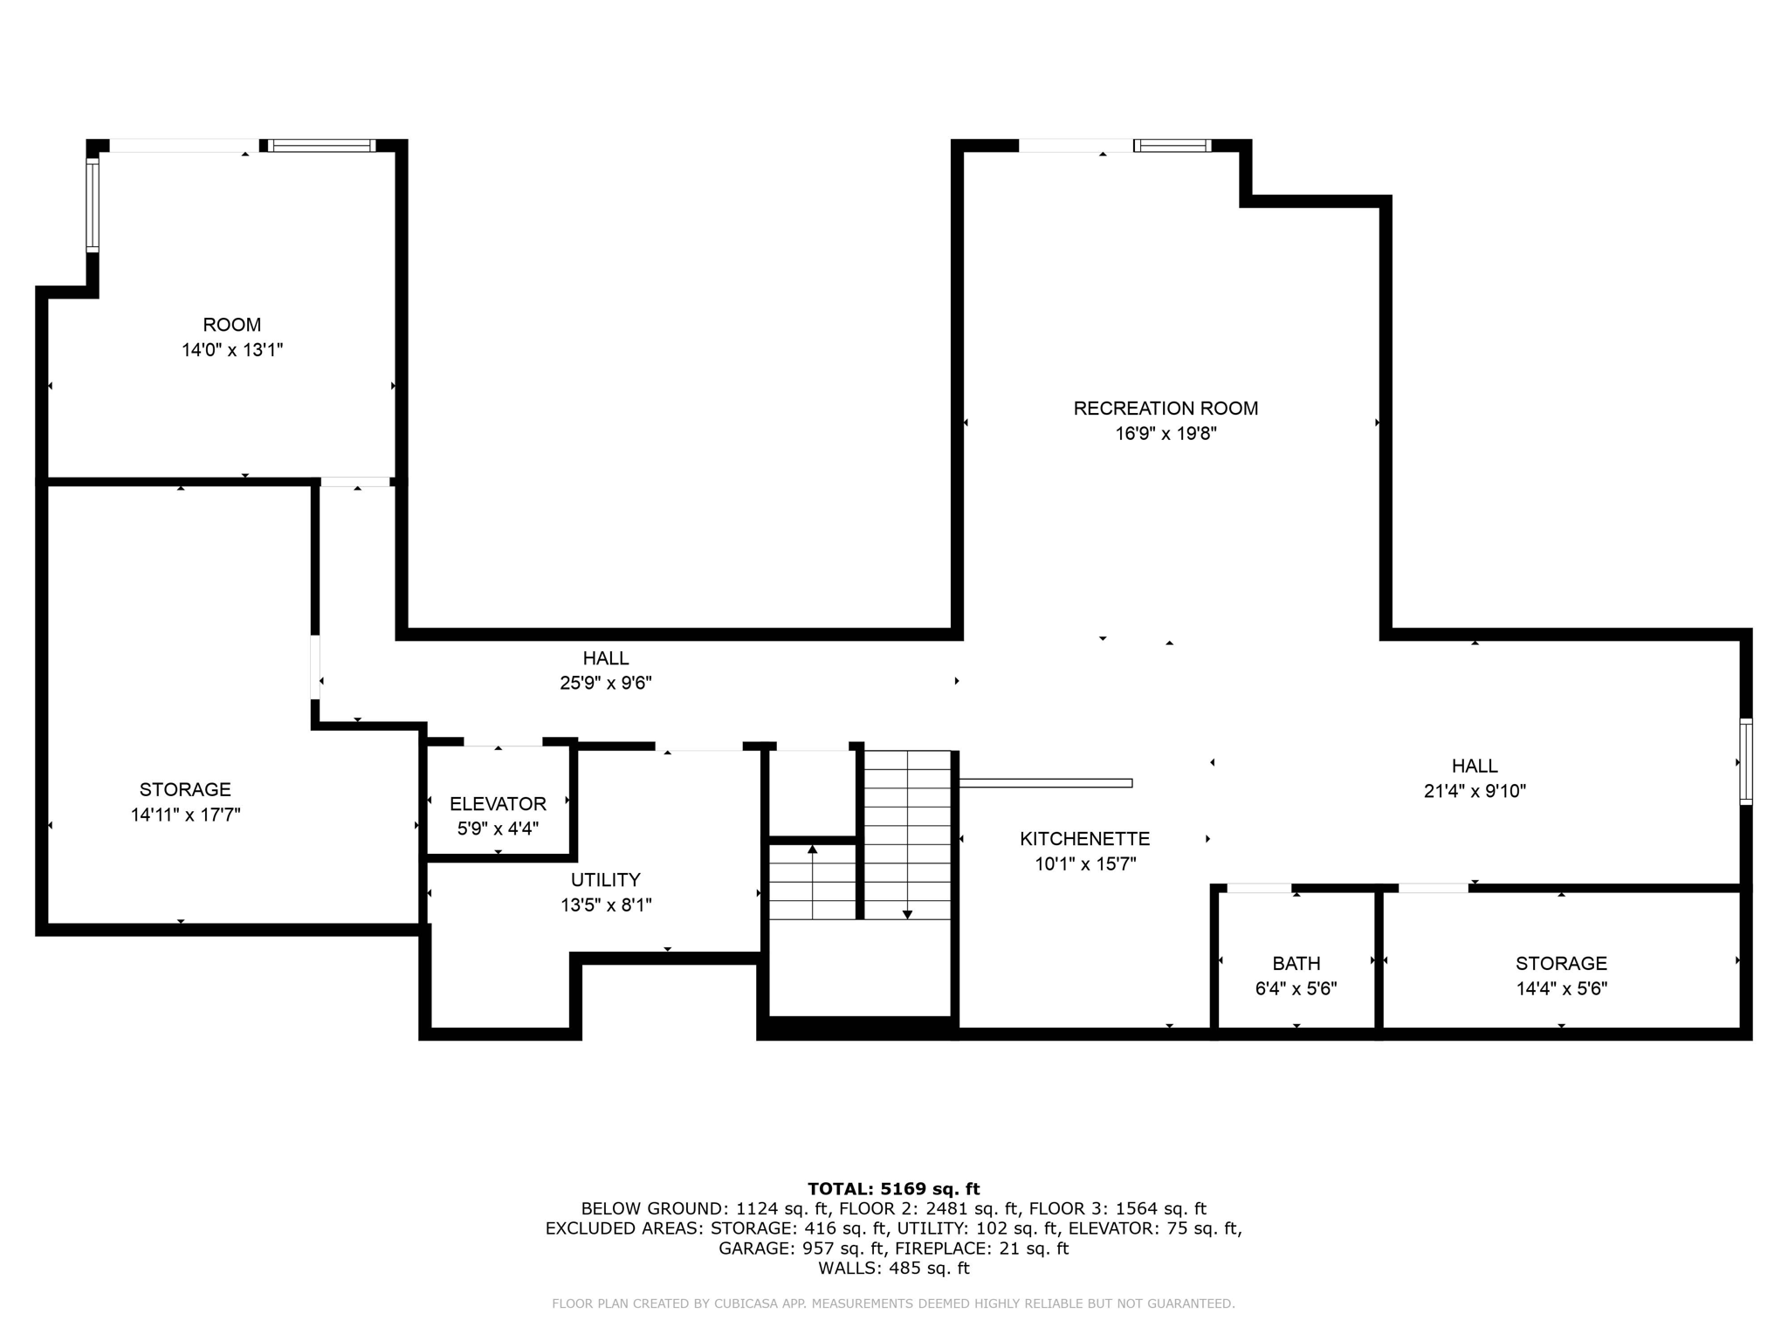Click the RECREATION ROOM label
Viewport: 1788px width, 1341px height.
point(1165,409)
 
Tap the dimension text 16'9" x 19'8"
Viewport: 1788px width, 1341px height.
point(1165,434)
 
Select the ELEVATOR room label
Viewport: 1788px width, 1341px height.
point(498,804)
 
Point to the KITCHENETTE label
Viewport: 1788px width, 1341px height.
point(1084,839)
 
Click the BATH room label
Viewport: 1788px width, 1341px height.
point(1296,964)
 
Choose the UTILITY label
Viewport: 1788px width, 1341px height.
point(605,880)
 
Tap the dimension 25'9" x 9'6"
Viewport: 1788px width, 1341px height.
point(605,684)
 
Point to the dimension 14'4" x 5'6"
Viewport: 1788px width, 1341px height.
point(1561,989)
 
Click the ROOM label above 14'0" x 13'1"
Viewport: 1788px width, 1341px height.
point(231,325)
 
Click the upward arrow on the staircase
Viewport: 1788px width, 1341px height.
point(812,849)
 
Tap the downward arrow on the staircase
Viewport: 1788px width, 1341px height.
point(907,914)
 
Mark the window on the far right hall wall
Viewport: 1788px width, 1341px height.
point(1745,760)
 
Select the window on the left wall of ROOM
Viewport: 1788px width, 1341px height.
point(92,205)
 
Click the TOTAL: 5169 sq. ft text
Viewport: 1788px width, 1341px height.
point(893,1189)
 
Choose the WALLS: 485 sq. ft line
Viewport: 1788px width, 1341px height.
point(893,1269)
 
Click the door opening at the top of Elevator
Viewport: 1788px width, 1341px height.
point(502,743)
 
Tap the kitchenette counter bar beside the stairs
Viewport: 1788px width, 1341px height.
point(1045,783)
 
